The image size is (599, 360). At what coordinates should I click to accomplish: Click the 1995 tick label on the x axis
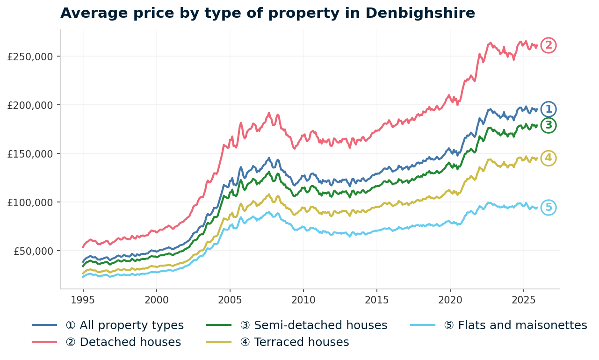click(83, 299)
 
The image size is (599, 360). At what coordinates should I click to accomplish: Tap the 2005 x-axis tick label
click(230, 299)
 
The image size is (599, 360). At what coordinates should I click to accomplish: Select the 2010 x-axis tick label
click(303, 299)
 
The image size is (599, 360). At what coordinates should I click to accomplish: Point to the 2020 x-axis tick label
click(450, 299)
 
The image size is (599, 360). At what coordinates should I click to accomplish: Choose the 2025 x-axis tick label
click(523, 299)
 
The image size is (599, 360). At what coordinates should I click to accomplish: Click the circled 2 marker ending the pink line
click(548, 45)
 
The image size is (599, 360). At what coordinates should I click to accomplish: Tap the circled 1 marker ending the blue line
click(548, 109)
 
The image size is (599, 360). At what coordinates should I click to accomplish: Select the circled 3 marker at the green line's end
click(548, 125)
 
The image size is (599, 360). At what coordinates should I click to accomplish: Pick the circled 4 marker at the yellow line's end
click(548, 158)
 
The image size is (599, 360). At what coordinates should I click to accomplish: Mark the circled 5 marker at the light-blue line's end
click(548, 208)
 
